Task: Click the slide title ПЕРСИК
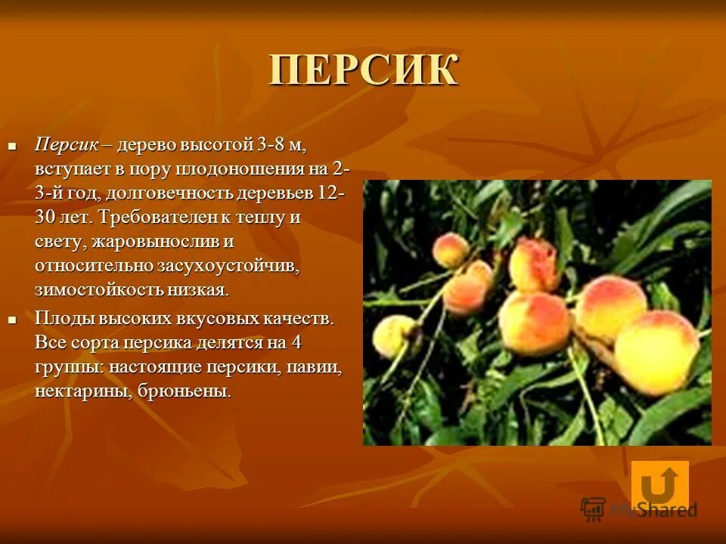coord(364,70)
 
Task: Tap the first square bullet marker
coord(12,144)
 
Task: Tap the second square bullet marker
coord(12,320)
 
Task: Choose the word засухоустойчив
coord(229,266)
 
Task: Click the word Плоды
coord(62,318)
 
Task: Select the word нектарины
coord(81,391)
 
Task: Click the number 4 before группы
coord(296,342)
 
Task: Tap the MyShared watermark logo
coord(639,509)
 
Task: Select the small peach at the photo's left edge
coord(394,335)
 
